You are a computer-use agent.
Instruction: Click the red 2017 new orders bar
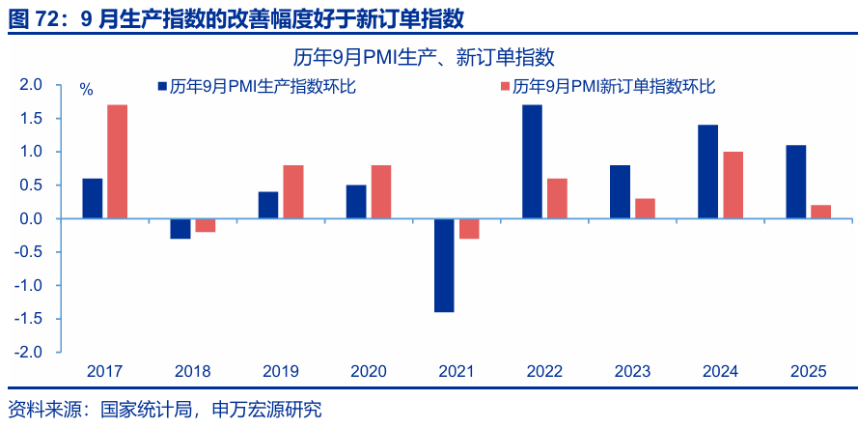click(117, 161)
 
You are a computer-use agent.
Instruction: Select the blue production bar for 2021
click(444, 266)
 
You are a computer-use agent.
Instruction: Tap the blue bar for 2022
click(532, 161)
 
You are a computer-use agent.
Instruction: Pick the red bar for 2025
click(820, 212)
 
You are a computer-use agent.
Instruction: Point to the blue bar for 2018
click(180, 229)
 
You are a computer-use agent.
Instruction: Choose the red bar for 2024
click(733, 185)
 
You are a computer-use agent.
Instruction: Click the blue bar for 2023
click(620, 191)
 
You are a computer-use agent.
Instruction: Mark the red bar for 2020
click(380, 191)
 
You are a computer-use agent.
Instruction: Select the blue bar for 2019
click(267, 205)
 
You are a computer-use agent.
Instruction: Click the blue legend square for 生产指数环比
click(163, 87)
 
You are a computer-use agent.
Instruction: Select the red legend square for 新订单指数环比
click(504, 87)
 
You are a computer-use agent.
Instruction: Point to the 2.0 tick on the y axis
click(31, 85)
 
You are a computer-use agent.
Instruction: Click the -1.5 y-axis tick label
click(29, 320)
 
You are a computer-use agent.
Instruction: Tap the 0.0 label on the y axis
click(31, 219)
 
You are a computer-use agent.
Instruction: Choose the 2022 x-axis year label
click(544, 371)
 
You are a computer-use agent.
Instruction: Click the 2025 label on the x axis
click(808, 371)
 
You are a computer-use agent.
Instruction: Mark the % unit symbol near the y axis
click(86, 90)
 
